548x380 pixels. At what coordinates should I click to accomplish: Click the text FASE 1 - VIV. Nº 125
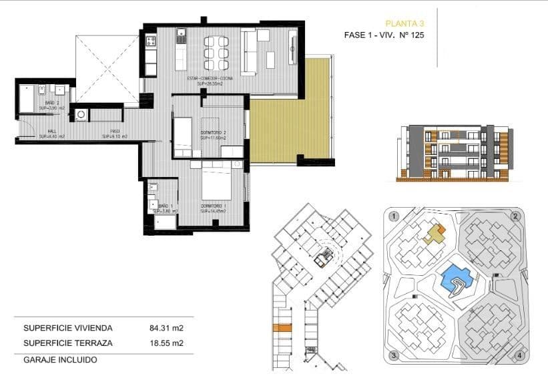point(384,35)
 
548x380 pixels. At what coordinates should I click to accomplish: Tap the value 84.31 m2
point(166,328)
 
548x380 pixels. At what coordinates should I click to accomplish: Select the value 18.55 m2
point(166,343)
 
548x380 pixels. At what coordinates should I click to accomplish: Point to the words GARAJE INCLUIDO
point(60,359)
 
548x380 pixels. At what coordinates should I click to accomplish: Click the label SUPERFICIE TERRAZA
point(68,343)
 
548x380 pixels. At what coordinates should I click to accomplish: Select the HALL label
point(51,133)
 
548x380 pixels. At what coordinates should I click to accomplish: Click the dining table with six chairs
point(216,53)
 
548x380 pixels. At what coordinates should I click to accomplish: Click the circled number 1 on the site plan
point(394,216)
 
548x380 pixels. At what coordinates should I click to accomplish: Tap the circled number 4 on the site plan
point(519,355)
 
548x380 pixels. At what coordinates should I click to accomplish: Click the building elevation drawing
point(453,153)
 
